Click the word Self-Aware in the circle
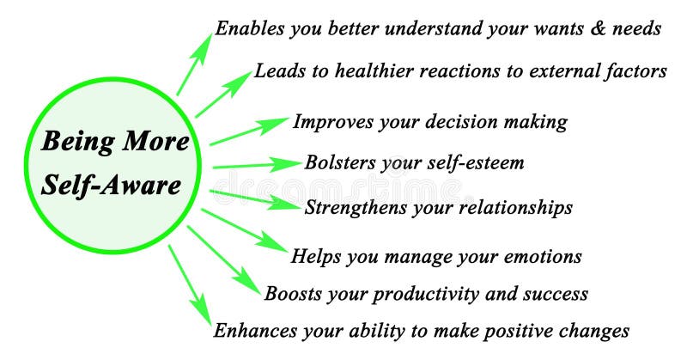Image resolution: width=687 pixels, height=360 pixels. click(115, 186)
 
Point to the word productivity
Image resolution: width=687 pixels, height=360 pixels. click(405, 294)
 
